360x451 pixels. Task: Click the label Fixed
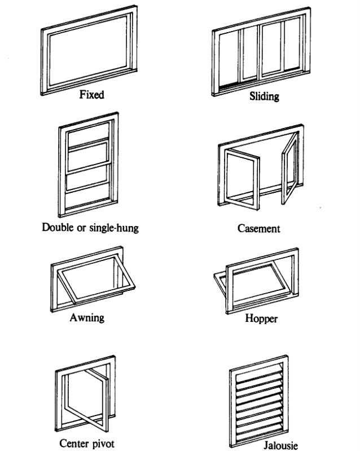coord(91,95)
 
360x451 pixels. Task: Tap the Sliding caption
coord(264,96)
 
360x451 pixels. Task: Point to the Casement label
coord(259,229)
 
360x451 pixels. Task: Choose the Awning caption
coord(87,317)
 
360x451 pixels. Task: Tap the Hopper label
coord(261,319)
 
